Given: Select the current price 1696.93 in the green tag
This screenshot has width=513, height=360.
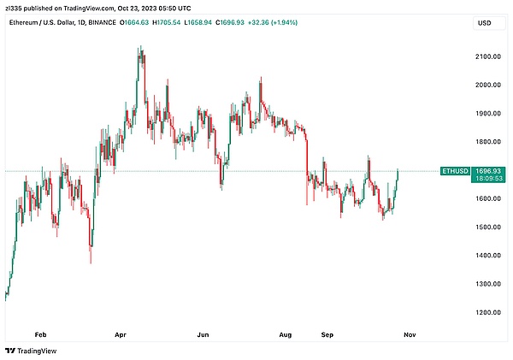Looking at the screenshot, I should pyautogui.click(x=489, y=170).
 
